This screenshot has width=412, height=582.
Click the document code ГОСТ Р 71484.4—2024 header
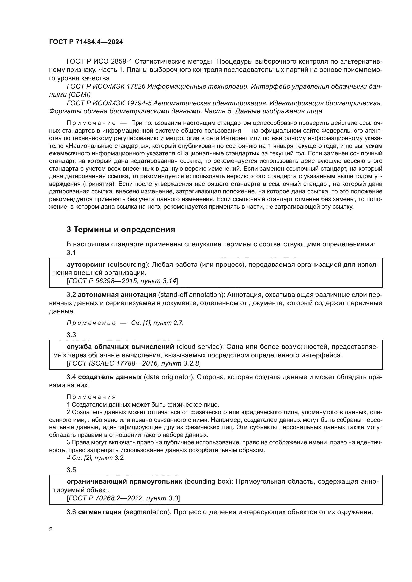tap(86, 42)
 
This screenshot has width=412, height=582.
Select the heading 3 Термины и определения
tap(121, 229)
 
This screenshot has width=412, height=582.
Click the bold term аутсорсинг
tap(86, 265)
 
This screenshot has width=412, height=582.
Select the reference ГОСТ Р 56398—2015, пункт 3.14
tap(122, 281)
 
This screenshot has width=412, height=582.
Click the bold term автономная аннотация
tap(117, 295)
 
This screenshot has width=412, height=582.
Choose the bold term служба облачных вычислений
tap(121, 347)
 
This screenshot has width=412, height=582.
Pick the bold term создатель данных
tap(110, 377)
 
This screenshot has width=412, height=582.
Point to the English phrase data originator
tap(168, 377)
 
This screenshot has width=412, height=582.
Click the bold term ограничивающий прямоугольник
tap(124, 482)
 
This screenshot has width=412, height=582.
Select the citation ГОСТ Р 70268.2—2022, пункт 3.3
tap(123, 498)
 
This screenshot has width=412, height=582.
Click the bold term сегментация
tap(100, 512)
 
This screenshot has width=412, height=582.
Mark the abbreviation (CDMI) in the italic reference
tap(79, 95)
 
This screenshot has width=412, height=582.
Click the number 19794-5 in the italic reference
tap(139, 103)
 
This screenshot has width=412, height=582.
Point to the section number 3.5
tap(71, 470)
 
